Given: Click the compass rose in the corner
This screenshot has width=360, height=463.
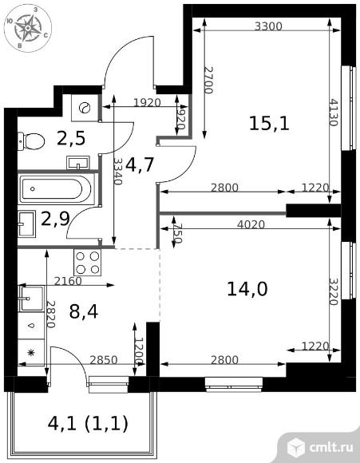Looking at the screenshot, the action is tap(27, 29).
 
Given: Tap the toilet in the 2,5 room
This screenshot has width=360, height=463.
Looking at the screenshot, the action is tap(30, 140).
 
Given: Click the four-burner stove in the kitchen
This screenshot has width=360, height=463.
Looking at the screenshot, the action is tap(88, 263).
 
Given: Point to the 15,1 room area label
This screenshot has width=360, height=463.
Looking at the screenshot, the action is tap(269, 123).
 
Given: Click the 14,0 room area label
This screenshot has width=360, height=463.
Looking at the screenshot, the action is tap(247, 289).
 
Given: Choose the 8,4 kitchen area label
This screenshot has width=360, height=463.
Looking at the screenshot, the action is tap(84, 311).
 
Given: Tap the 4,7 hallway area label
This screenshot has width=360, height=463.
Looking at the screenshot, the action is tap(140, 164).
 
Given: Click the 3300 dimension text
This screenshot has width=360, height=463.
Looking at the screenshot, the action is tap(268, 26).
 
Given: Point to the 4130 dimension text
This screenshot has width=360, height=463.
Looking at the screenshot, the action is tap(334, 113).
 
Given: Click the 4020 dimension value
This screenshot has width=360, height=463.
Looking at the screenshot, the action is tap(251, 224).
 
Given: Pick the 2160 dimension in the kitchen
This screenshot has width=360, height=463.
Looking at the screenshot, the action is tap(68, 281).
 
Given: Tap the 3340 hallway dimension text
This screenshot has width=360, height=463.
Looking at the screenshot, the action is tap(118, 172).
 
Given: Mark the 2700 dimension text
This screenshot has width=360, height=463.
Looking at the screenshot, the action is tap(208, 80).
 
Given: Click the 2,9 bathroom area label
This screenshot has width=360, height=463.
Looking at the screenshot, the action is tap(55, 219).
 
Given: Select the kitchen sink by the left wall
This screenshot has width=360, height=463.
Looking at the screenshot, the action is tap(31, 299).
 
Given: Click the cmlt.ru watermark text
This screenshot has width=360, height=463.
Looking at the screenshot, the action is tap(331, 448).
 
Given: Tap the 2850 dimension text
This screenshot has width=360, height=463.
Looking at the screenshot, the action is tap(104, 360).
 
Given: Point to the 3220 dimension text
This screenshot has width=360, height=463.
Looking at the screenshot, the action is tap(334, 291).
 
